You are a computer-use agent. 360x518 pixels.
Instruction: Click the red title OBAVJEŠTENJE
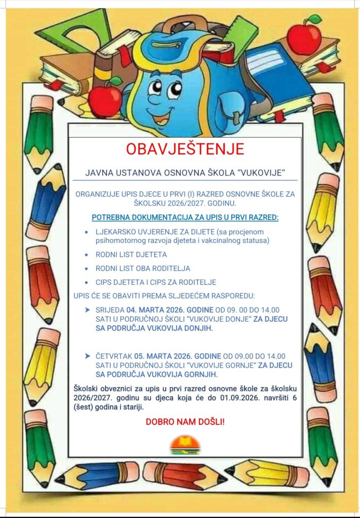tap(185, 149)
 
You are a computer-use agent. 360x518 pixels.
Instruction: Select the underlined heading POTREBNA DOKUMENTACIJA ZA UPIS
tap(185, 218)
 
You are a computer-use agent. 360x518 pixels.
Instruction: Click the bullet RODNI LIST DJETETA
tap(131, 254)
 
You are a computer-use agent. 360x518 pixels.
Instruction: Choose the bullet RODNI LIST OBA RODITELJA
tap(143, 268)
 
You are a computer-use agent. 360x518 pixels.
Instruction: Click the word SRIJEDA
tap(110, 310)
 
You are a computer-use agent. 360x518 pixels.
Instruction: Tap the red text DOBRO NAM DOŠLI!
tap(185, 421)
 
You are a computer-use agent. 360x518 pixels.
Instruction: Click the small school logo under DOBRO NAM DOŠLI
tap(185, 445)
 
